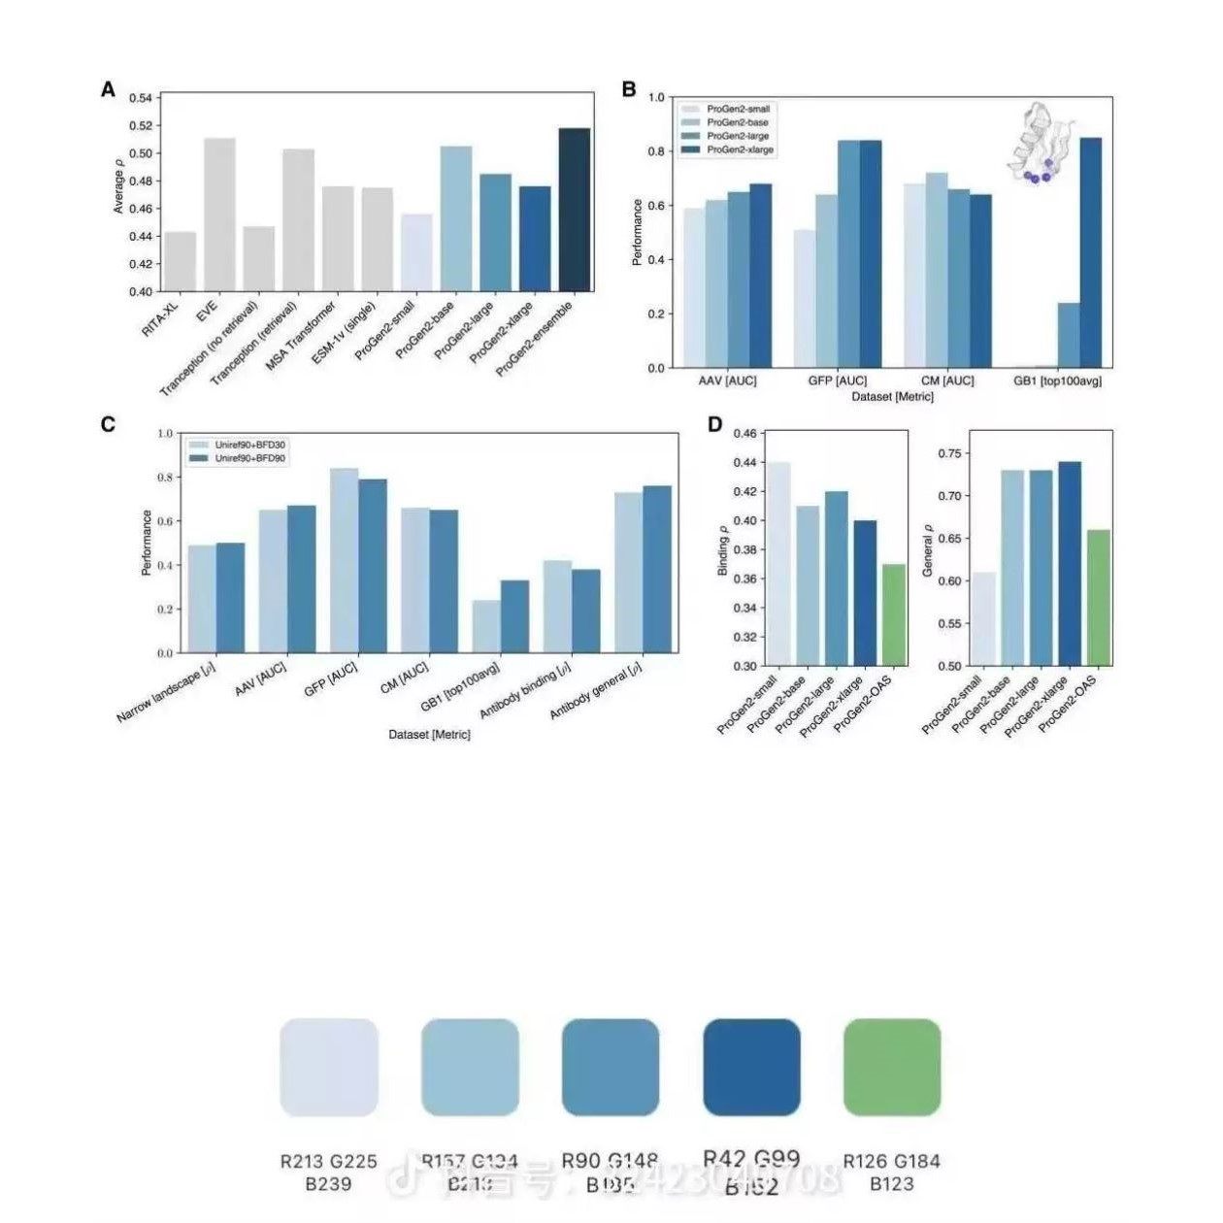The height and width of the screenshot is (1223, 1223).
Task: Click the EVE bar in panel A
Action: tap(219, 215)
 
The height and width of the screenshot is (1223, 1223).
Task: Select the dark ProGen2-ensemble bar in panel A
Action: tap(575, 210)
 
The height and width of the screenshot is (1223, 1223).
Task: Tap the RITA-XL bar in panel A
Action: tap(181, 261)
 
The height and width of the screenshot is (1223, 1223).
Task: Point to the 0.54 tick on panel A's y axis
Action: tap(141, 99)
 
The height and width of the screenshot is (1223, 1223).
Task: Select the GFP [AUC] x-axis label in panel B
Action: tap(838, 381)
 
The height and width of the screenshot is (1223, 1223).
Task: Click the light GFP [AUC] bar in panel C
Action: tap(345, 560)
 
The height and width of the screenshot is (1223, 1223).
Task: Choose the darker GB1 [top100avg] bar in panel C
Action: tap(514, 616)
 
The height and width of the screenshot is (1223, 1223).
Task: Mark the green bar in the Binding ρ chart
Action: tap(894, 614)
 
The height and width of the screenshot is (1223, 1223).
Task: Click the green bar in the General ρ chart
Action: tap(1099, 598)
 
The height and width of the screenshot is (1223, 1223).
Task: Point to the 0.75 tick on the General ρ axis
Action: tap(949, 453)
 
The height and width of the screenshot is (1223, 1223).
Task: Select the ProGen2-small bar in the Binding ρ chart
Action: tap(778, 564)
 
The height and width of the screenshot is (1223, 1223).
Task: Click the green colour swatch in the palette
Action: tap(892, 1067)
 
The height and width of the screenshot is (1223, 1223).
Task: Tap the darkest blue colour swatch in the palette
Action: tap(751, 1067)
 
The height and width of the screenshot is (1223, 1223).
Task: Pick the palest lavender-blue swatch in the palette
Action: tap(329, 1067)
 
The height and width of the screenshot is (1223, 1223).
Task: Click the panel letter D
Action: tap(715, 425)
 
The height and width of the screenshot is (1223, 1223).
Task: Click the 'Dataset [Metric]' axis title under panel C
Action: tap(429, 735)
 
